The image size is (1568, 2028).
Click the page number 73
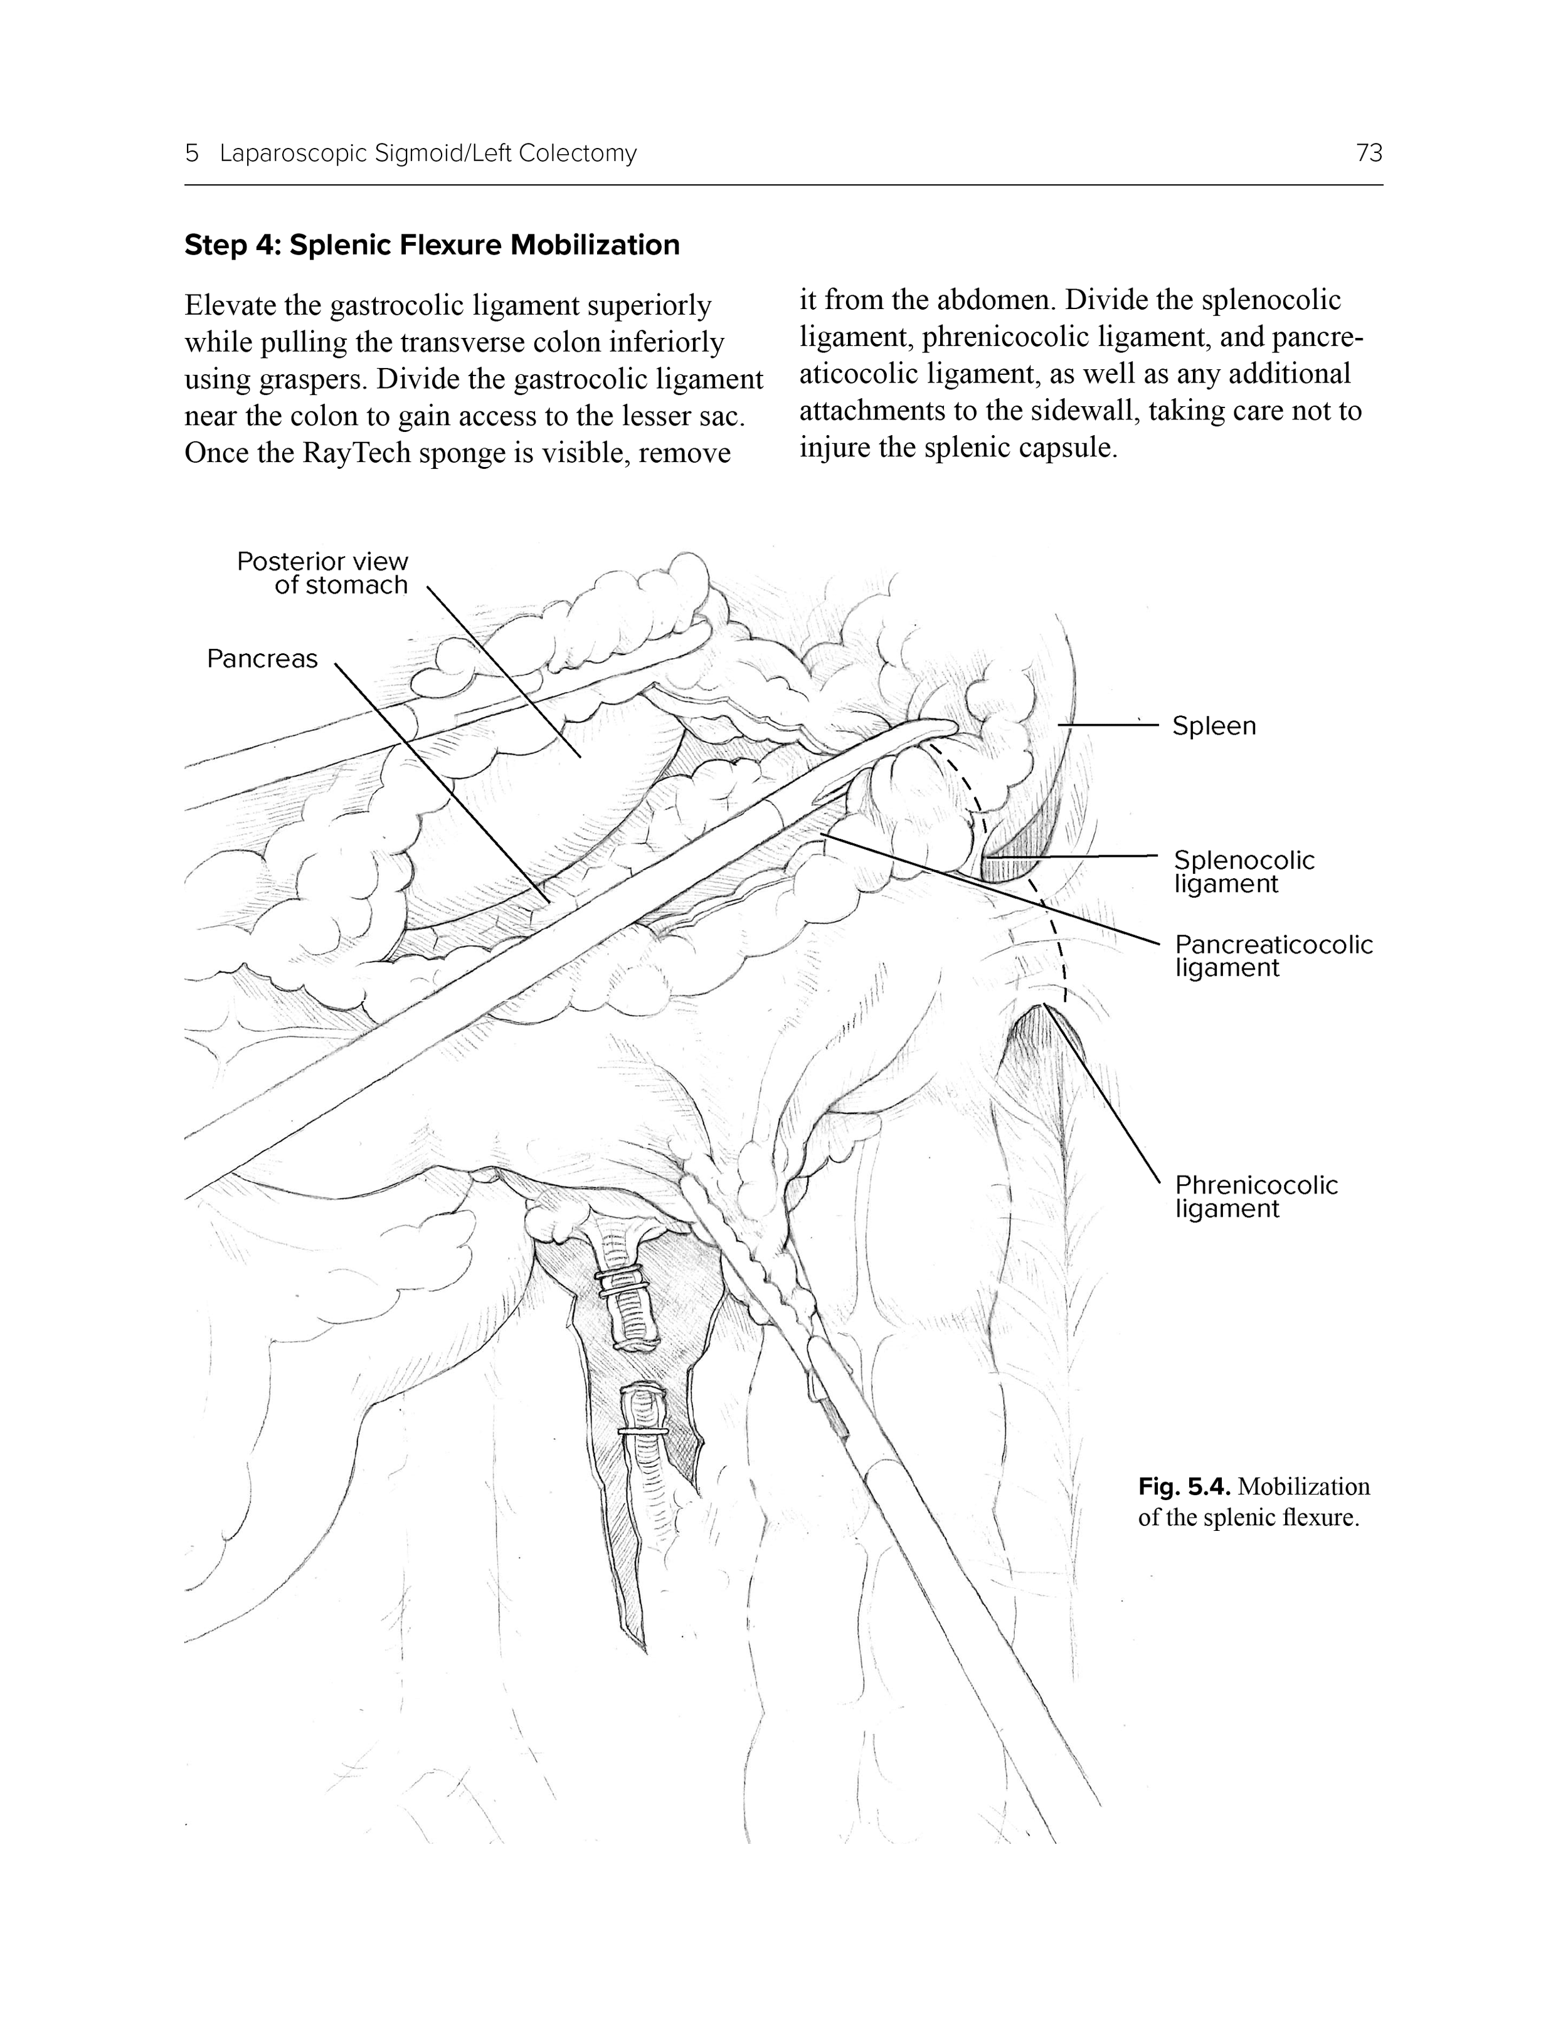pos(1369,153)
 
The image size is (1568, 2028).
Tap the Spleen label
pos(1213,726)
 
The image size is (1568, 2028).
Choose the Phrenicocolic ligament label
pos(1256,1196)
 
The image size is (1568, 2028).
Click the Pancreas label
pos(262,659)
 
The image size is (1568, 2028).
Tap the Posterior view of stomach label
pos(322,573)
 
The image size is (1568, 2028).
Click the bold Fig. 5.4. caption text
pos(1184,1486)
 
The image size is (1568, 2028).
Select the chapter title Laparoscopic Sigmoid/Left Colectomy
pos(428,153)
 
